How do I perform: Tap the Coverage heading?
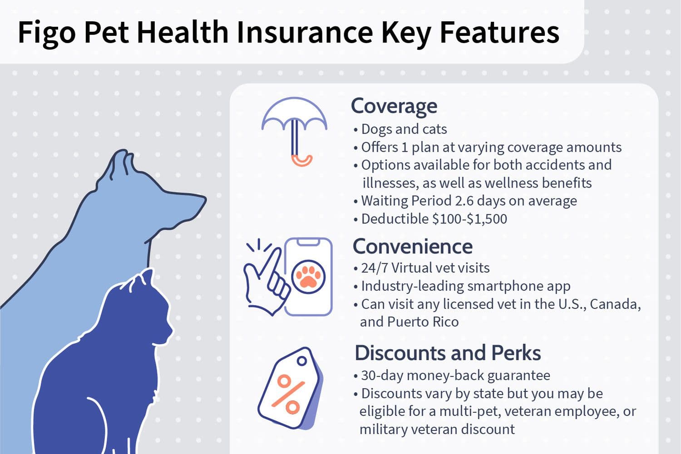[x=394, y=106]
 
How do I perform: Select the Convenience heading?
[x=413, y=247]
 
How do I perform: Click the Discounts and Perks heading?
[x=448, y=353]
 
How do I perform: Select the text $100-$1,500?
[x=469, y=219]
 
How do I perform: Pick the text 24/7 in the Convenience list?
[x=375, y=268]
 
